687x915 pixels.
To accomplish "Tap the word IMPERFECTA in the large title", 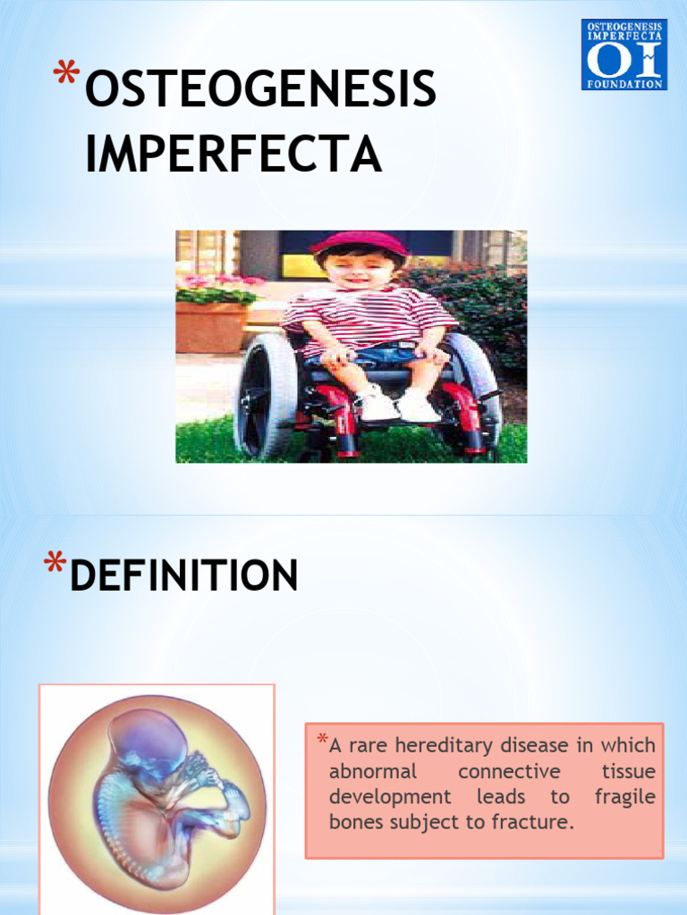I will [x=233, y=155].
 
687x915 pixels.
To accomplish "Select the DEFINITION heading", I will [x=184, y=575].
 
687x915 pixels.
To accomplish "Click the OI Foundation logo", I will [x=623, y=55].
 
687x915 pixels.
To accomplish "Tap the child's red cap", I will [x=358, y=241].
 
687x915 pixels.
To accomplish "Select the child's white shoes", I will [x=398, y=407].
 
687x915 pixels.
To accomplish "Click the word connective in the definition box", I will [x=509, y=771].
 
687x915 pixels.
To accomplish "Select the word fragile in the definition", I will [x=624, y=797].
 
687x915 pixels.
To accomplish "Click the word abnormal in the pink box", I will [x=373, y=771].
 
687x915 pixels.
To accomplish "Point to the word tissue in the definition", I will [x=628, y=771].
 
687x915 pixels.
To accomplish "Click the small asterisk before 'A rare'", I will [x=322, y=740].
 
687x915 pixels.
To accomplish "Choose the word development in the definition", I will [x=390, y=797].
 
